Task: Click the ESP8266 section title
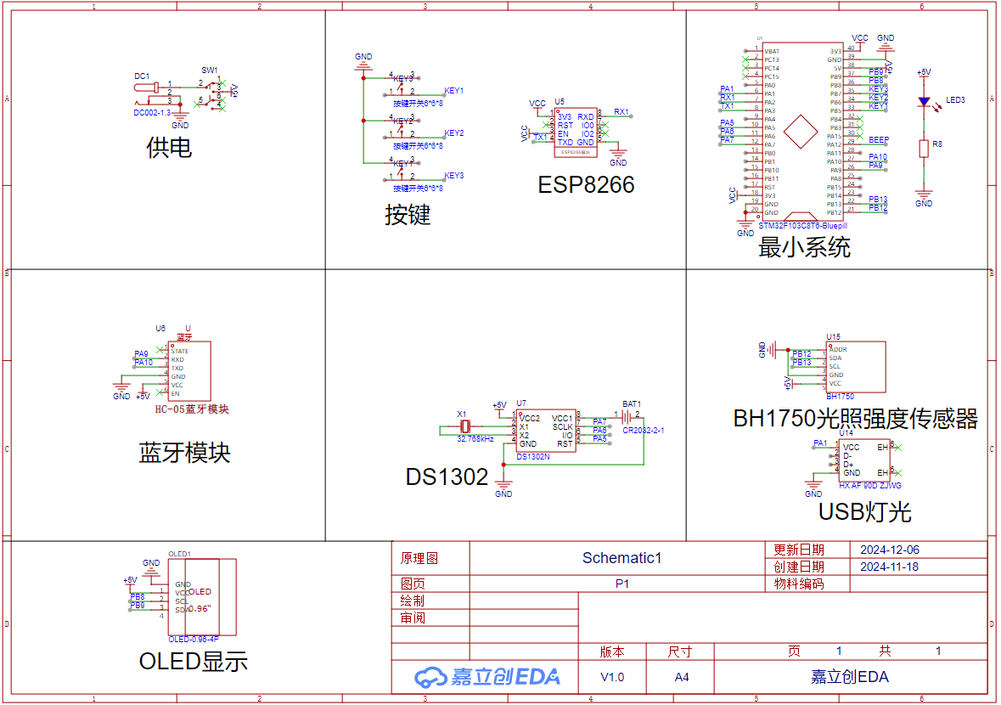[586, 184]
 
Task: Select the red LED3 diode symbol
[924, 102]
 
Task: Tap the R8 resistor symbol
[924, 149]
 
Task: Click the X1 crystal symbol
[464, 426]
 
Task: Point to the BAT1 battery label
[631, 404]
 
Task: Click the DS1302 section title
[447, 477]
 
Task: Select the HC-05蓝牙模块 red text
[192, 409]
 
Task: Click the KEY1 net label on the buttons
[453, 91]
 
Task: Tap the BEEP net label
[878, 139]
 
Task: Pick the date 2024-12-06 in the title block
[889, 550]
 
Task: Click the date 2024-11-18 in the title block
[889, 567]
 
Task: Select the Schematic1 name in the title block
[621, 558]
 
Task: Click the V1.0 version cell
[611, 677]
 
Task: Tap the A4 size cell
[681, 677]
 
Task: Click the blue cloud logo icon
[430, 676]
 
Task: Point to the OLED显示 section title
[194, 661]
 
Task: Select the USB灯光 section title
[864, 511]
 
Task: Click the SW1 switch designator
[209, 70]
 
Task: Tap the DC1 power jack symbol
[149, 88]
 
